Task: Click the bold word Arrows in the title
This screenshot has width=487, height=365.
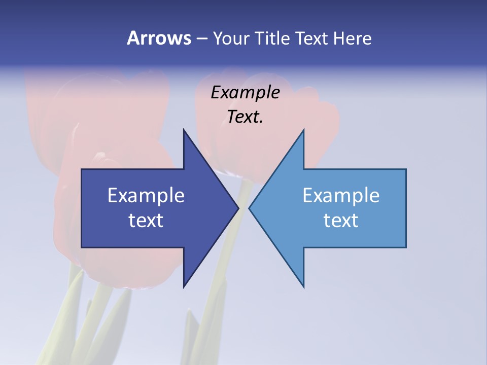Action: [x=159, y=39]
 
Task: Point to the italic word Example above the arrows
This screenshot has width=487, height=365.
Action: [x=245, y=92]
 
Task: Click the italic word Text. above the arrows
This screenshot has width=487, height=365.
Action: [x=245, y=117]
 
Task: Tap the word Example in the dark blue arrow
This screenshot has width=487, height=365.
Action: [x=146, y=196]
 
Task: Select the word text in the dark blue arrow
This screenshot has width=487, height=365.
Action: [x=146, y=221]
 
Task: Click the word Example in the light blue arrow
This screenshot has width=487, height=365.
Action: [x=341, y=196]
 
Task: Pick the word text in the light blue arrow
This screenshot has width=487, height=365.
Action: [x=341, y=221]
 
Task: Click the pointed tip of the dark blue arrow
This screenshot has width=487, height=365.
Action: [x=238, y=208]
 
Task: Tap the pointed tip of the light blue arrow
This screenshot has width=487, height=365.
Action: [x=249, y=208]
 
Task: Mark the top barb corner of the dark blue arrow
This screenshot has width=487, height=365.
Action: [x=184, y=130]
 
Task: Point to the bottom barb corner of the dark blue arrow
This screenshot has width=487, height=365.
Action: [x=184, y=287]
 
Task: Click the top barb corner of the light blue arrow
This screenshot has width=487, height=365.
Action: [x=303, y=130]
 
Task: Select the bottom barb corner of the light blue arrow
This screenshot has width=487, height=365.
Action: [x=303, y=287]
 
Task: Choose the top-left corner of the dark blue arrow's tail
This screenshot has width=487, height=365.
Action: [x=82, y=169]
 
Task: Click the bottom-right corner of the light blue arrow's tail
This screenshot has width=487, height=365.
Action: [x=406, y=247]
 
